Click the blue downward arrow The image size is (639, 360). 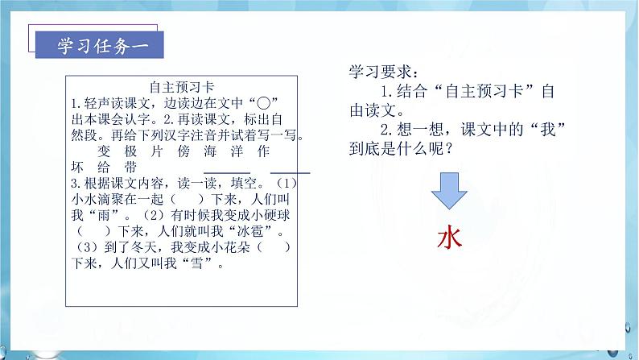click(x=448, y=193)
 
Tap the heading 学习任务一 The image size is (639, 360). click(x=99, y=44)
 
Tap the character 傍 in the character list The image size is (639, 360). click(x=184, y=151)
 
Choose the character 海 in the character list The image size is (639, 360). click(x=212, y=151)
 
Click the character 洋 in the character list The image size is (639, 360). click(x=240, y=151)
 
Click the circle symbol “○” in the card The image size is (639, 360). click(x=262, y=103)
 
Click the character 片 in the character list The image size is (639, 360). click(x=157, y=151)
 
